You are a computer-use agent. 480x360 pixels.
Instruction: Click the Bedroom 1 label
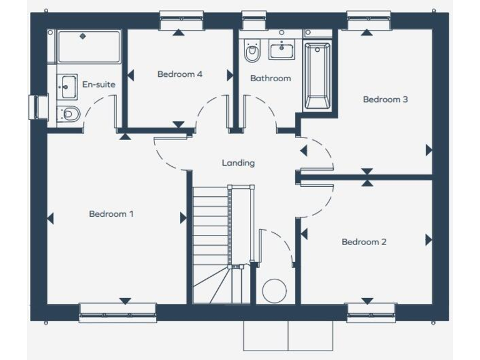click(111, 214)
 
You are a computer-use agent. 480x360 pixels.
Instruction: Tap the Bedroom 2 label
click(364, 242)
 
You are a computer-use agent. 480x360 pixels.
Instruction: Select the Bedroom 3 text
click(385, 99)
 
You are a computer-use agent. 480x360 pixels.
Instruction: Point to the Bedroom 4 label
click(179, 74)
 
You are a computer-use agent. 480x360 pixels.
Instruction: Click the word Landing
click(238, 162)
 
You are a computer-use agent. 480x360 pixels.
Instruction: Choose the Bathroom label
click(270, 78)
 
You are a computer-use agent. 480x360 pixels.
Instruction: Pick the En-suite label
click(99, 84)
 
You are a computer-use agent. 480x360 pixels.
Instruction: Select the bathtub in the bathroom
click(317, 76)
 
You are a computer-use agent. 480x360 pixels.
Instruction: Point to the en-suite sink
click(67, 86)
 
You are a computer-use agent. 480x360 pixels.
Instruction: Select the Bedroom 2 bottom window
click(371, 312)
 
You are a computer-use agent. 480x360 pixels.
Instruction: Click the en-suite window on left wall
click(39, 107)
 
